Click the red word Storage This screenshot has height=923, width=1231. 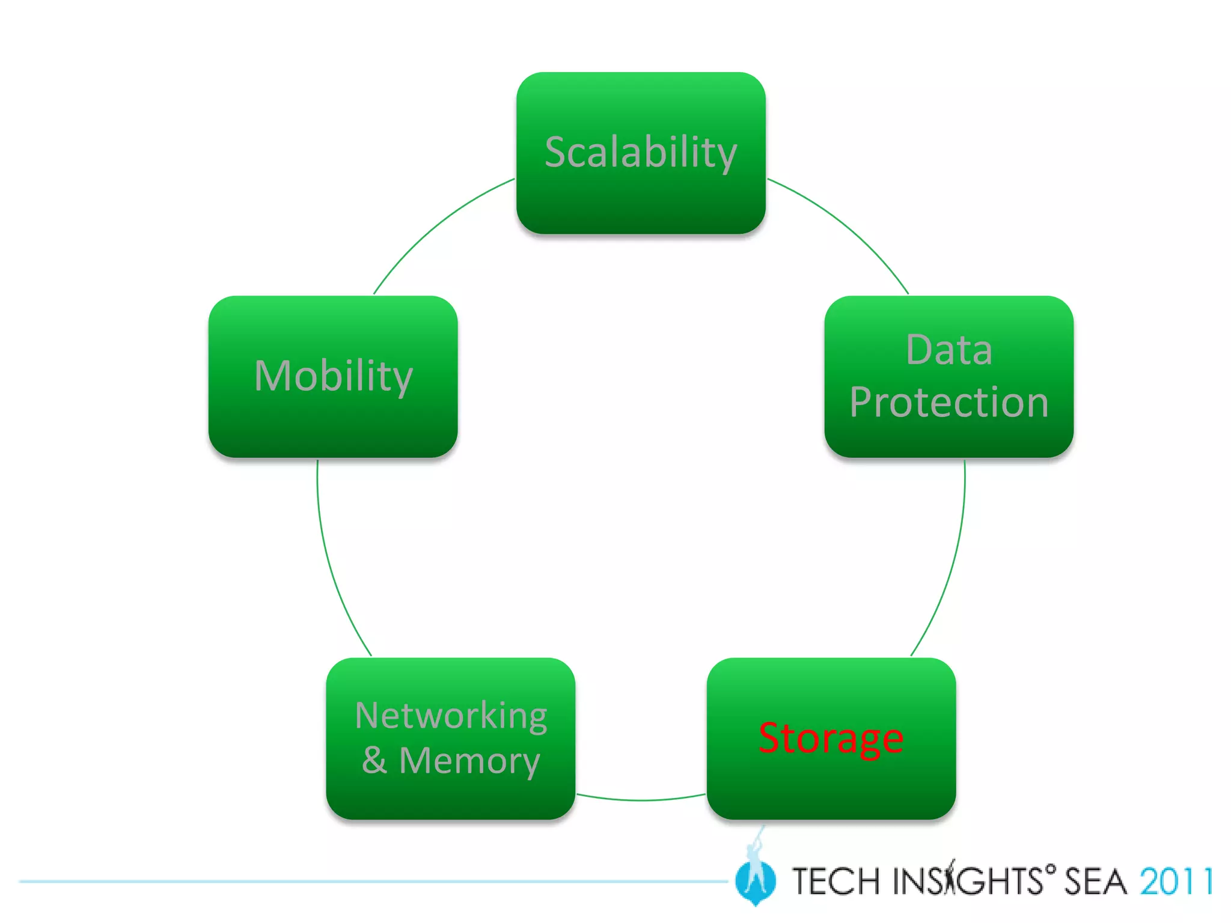(x=831, y=738)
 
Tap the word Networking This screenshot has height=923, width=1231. (x=451, y=715)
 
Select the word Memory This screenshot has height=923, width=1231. (x=469, y=761)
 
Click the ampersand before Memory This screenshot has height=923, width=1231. (x=374, y=761)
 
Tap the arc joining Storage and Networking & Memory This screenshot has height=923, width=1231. (x=641, y=800)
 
